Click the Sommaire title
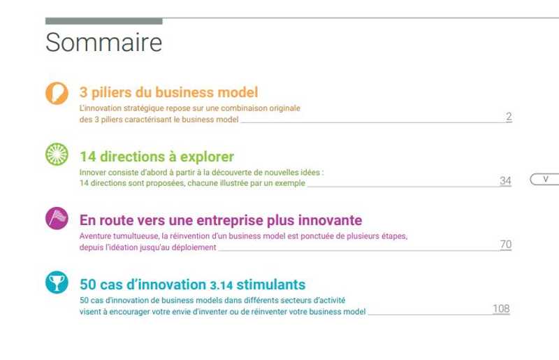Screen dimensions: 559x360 pyautogui.click(x=103, y=42)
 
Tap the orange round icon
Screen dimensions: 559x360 pyautogui.click(x=57, y=93)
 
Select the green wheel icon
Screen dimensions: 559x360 pyautogui.click(x=57, y=154)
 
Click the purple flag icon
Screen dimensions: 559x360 pyautogui.click(x=57, y=218)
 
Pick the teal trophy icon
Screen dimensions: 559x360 pyautogui.click(x=57, y=282)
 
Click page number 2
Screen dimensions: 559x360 pyautogui.click(x=509, y=116)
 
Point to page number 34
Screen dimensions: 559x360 pyautogui.click(x=505, y=180)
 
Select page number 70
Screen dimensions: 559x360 pyautogui.click(x=505, y=245)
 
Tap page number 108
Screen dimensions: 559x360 pyautogui.click(x=501, y=309)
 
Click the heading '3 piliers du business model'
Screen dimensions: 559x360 pyautogui.click(x=168, y=92)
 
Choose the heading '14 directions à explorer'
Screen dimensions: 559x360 pyautogui.click(x=157, y=157)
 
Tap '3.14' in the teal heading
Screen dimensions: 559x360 pyautogui.click(x=221, y=285)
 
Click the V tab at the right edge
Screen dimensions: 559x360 pyautogui.click(x=545, y=179)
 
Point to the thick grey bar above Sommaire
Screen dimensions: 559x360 pyautogui.click(x=103, y=22)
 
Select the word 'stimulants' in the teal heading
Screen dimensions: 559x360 pyautogui.click(x=271, y=285)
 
